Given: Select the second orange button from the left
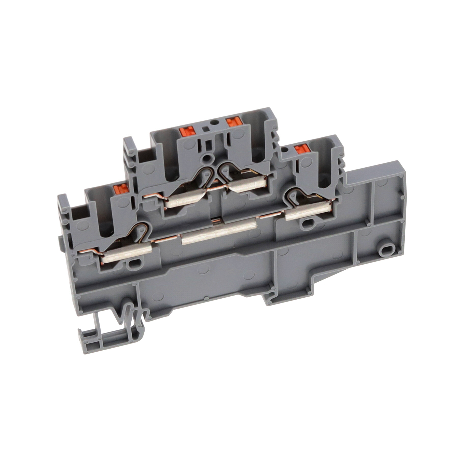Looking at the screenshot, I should tap(187, 131).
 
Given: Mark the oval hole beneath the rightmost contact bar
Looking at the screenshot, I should tap(308, 223).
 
